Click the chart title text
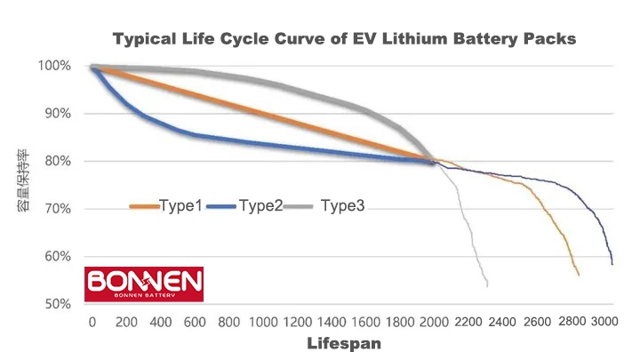point(345,39)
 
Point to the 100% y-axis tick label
point(55,66)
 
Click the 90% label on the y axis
point(58,114)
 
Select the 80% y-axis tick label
point(58,161)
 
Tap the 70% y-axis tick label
point(58,209)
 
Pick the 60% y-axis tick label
point(58,256)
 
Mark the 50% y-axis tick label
point(58,304)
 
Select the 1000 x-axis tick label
point(263,321)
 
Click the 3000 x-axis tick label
point(604,321)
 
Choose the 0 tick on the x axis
point(92,321)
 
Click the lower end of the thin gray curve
point(487,284)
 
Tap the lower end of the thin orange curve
point(579,275)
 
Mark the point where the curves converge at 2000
point(434,161)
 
